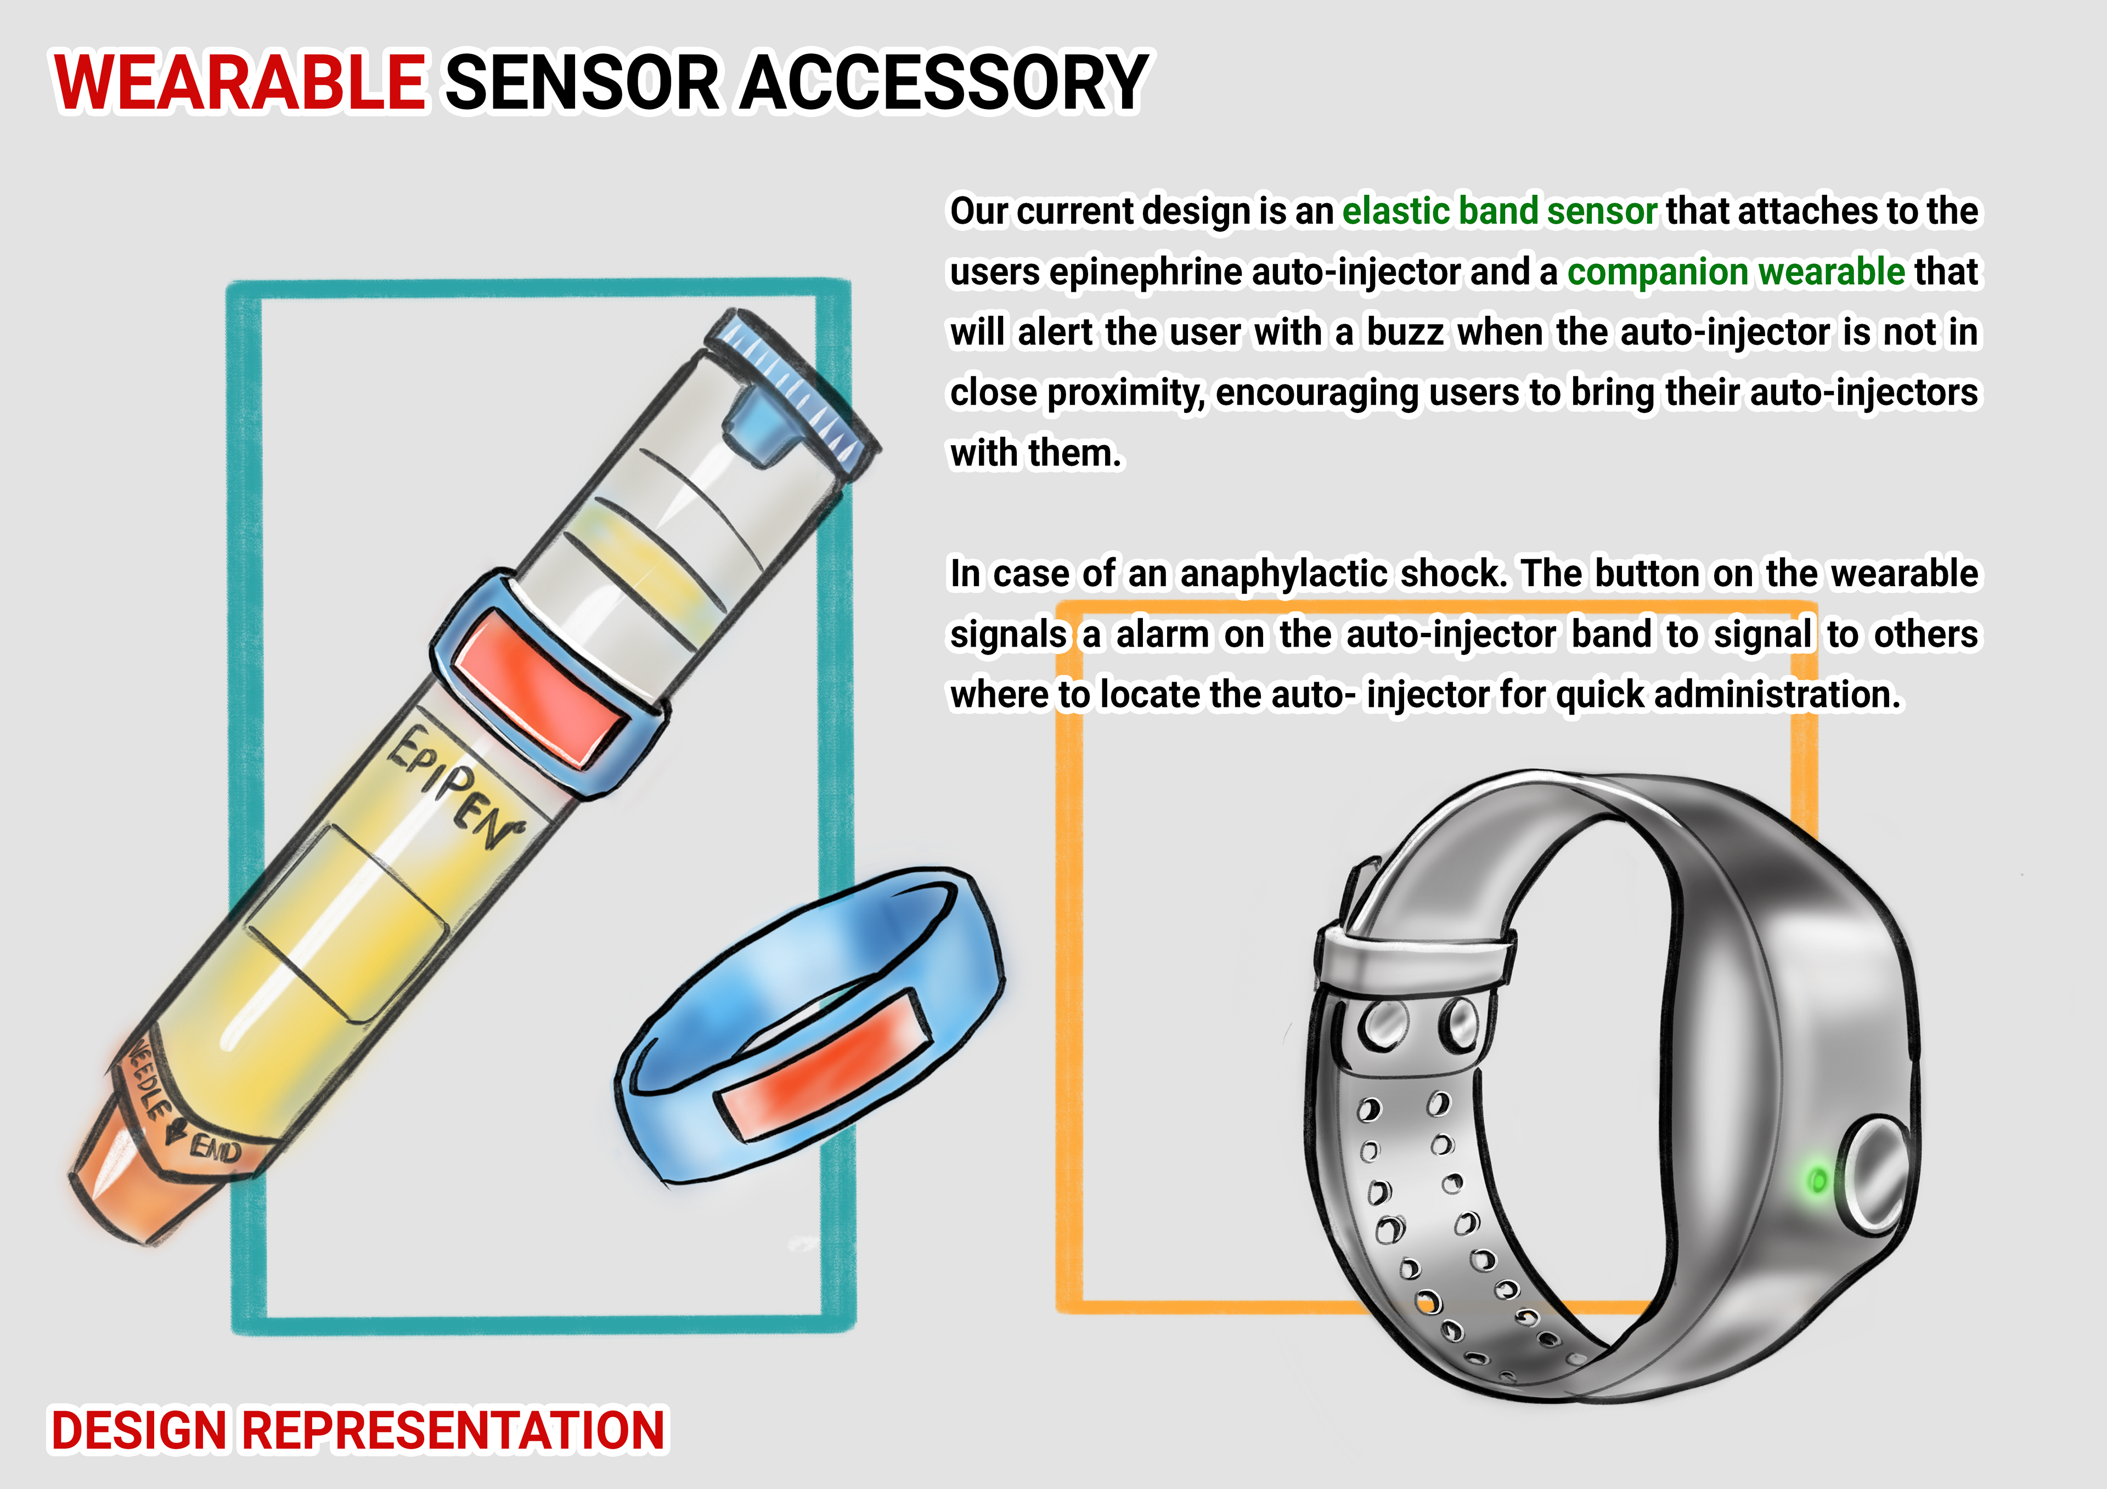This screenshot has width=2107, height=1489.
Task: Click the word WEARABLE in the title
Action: click(x=240, y=83)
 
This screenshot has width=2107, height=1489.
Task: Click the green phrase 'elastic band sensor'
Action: click(x=1500, y=211)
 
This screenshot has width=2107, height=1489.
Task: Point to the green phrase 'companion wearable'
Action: click(x=1736, y=271)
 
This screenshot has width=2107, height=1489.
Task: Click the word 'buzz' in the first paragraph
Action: click(x=1405, y=332)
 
